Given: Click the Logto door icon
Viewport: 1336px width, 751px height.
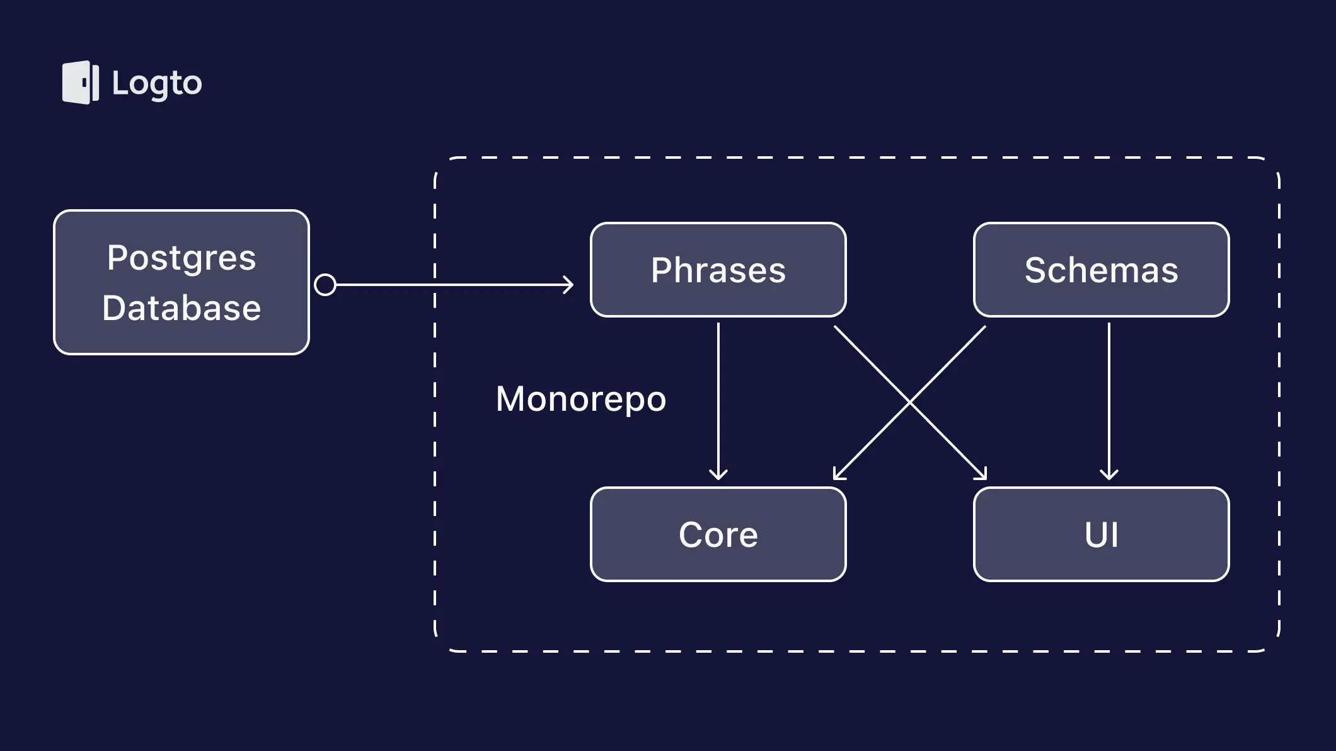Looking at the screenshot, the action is pyautogui.click(x=81, y=83).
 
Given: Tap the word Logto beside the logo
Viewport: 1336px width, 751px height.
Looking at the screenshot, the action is pyautogui.click(x=157, y=84).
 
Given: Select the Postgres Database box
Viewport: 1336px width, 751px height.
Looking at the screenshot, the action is pyautogui.click(x=181, y=282).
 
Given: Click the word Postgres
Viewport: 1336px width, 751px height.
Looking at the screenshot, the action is pyautogui.click(x=181, y=258).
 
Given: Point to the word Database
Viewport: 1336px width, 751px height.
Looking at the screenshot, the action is pyautogui.click(x=181, y=308).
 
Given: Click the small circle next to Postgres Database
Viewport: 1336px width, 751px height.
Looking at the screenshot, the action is pyautogui.click(x=325, y=285).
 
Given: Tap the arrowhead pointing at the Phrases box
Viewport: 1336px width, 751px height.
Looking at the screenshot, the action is pyautogui.click(x=568, y=285).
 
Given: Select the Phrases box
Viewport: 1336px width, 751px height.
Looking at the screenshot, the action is pyautogui.click(x=718, y=270).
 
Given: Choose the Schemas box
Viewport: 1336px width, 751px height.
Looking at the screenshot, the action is pyautogui.click(x=1102, y=270).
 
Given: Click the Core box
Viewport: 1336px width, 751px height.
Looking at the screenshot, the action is pyautogui.click(x=718, y=534).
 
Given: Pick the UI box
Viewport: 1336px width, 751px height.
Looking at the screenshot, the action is pyautogui.click(x=1102, y=534).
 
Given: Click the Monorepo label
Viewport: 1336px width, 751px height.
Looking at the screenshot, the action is pyautogui.click(x=581, y=399).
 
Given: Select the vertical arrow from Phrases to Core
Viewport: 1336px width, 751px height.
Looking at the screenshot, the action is pyautogui.click(x=718, y=401).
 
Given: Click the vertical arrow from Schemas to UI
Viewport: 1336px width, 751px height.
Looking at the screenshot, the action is pyautogui.click(x=1109, y=401).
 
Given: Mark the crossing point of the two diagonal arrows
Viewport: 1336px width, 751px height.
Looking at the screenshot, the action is pyautogui.click(x=910, y=402).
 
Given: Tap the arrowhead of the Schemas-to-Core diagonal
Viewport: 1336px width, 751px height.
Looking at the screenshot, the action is pyautogui.click(x=838, y=475).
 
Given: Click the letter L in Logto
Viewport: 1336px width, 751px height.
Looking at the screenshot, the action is pyautogui.click(x=120, y=83).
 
